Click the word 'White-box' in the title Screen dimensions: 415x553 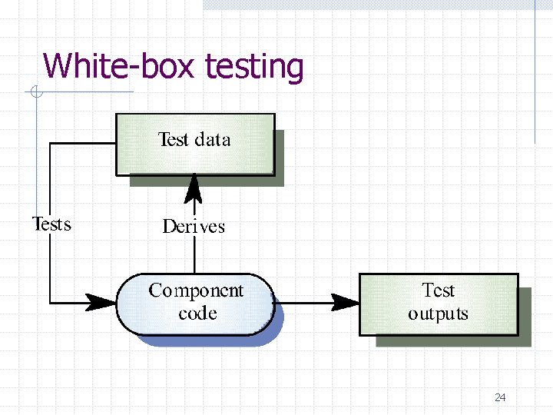[120, 66]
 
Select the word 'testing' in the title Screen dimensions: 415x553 [254, 68]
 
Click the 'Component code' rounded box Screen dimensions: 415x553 [195, 303]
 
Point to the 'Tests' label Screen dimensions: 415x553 [51, 224]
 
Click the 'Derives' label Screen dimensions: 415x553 [194, 227]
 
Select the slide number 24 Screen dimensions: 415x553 [500, 397]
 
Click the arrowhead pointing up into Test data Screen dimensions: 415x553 [194, 187]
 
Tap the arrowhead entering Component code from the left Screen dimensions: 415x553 [101, 302]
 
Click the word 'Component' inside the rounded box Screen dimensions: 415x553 [196, 290]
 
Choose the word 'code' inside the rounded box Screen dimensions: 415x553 [197, 314]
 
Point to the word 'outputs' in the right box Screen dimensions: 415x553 [438, 314]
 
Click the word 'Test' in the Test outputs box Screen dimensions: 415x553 [438, 290]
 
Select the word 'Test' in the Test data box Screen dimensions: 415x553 [173, 139]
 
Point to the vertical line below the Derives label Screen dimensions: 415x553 [194, 254]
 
